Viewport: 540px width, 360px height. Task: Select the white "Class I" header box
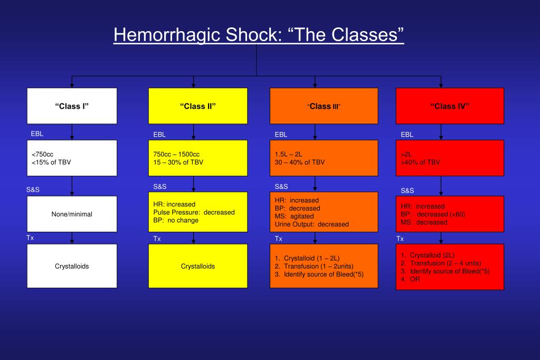click(x=72, y=106)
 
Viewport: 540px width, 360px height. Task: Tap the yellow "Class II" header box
click(x=198, y=106)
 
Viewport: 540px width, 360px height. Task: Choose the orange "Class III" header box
click(x=324, y=106)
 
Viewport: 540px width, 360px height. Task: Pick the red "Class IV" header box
click(x=450, y=106)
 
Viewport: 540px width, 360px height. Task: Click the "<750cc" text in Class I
click(x=43, y=154)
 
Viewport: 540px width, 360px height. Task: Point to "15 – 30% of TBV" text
click(x=177, y=162)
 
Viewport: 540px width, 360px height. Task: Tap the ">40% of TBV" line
click(x=420, y=162)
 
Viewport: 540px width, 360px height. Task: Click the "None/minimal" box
click(x=72, y=214)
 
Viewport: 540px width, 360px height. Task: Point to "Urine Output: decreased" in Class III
click(x=311, y=224)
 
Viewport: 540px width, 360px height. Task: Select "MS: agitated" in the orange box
click(x=294, y=216)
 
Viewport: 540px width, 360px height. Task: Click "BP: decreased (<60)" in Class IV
click(x=433, y=214)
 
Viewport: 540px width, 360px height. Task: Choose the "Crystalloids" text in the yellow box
click(x=198, y=267)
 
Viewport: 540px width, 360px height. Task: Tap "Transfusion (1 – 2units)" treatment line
click(x=314, y=267)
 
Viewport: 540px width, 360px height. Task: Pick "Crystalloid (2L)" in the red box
click(x=432, y=255)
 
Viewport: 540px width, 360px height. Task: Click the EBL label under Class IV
click(x=407, y=135)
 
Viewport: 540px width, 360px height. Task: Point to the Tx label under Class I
click(x=31, y=238)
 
